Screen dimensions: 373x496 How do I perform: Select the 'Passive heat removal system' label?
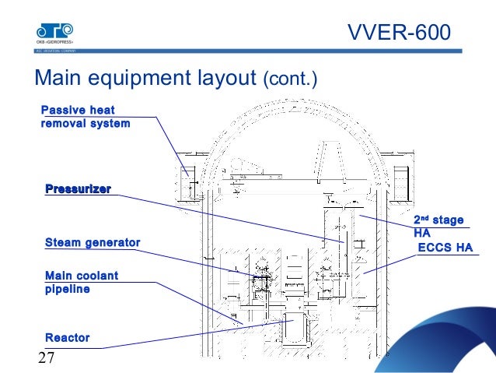coord(85,116)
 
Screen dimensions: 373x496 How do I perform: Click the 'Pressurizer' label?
coord(78,188)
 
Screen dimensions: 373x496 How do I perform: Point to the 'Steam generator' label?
coord(93,243)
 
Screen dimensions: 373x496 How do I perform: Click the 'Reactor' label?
coord(68,337)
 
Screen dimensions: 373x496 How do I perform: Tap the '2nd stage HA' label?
coord(437,226)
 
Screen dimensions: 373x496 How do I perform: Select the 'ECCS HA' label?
coord(445,248)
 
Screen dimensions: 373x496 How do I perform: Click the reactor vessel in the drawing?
coord(294,331)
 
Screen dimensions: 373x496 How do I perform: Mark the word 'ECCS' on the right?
coord(434,248)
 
